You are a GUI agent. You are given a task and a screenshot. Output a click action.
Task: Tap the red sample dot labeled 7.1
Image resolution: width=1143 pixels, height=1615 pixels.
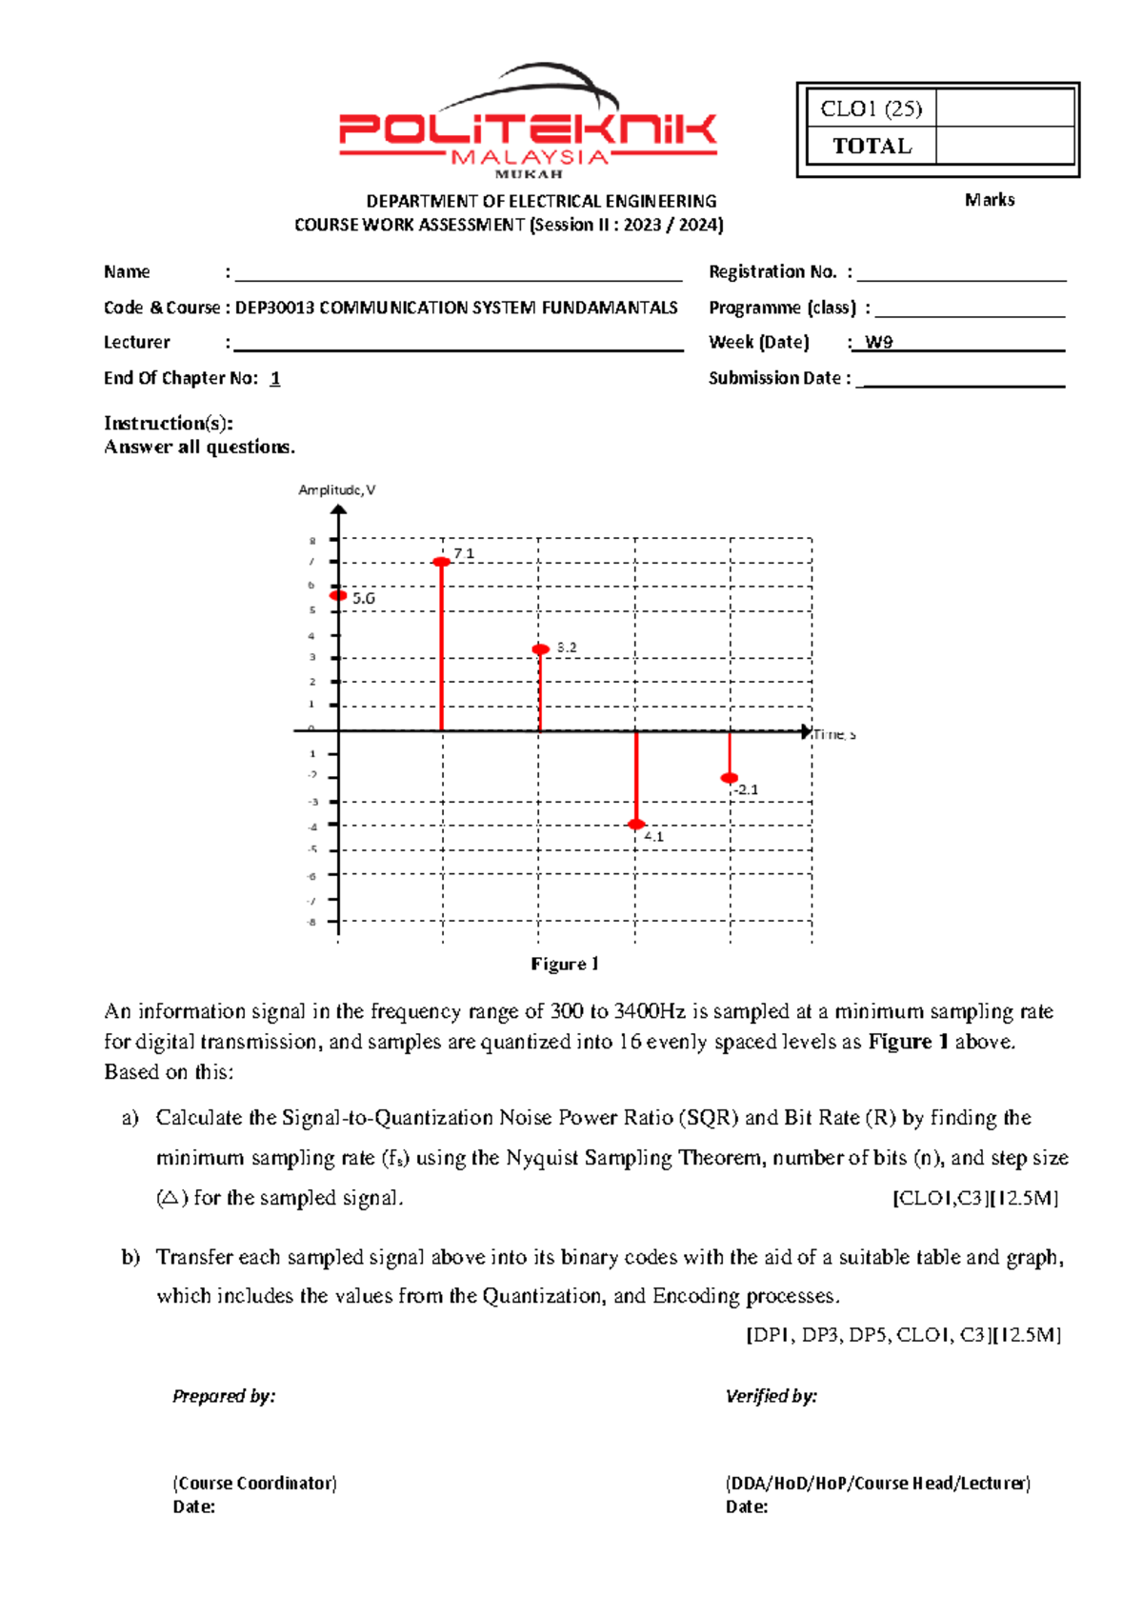(442, 562)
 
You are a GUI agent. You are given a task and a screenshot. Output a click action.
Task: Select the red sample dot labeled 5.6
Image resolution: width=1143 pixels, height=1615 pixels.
(338, 595)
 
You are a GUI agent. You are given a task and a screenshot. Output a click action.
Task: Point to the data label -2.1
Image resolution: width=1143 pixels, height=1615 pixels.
(746, 789)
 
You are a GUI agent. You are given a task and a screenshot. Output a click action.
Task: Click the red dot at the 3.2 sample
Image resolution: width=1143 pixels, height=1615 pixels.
(540, 649)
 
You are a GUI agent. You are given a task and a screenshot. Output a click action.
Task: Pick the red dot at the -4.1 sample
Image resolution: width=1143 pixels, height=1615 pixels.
(636, 825)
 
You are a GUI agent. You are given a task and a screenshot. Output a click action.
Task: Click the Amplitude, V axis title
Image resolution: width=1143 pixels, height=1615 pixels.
(336, 489)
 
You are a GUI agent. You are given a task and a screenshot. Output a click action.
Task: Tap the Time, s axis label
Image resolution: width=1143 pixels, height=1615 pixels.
(833, 734)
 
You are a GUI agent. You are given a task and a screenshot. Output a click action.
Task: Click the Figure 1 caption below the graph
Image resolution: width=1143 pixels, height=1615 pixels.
(565, 964)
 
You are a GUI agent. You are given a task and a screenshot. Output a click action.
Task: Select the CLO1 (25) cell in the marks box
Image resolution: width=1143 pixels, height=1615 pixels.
(871, 109)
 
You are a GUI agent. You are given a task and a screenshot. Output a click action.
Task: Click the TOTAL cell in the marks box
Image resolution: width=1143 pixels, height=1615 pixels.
(871, 146)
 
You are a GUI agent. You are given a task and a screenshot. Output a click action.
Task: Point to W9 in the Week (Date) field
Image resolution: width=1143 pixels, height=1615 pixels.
(878, 342)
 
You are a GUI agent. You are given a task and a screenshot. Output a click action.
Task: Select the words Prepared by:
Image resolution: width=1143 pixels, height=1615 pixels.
(224, 1396)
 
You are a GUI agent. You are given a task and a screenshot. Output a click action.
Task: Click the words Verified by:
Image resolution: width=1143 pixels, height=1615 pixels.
(771, 1396)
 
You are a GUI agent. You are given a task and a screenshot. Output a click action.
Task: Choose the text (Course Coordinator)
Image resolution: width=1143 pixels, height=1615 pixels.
(254, 1483)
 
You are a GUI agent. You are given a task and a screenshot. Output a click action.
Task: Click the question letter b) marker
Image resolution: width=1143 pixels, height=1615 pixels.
(130, 1257)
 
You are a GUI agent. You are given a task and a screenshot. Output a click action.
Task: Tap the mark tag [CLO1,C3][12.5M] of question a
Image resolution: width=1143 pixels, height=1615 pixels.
(975, 1198)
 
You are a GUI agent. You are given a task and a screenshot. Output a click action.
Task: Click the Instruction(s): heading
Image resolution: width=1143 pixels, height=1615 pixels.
(169, 423)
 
